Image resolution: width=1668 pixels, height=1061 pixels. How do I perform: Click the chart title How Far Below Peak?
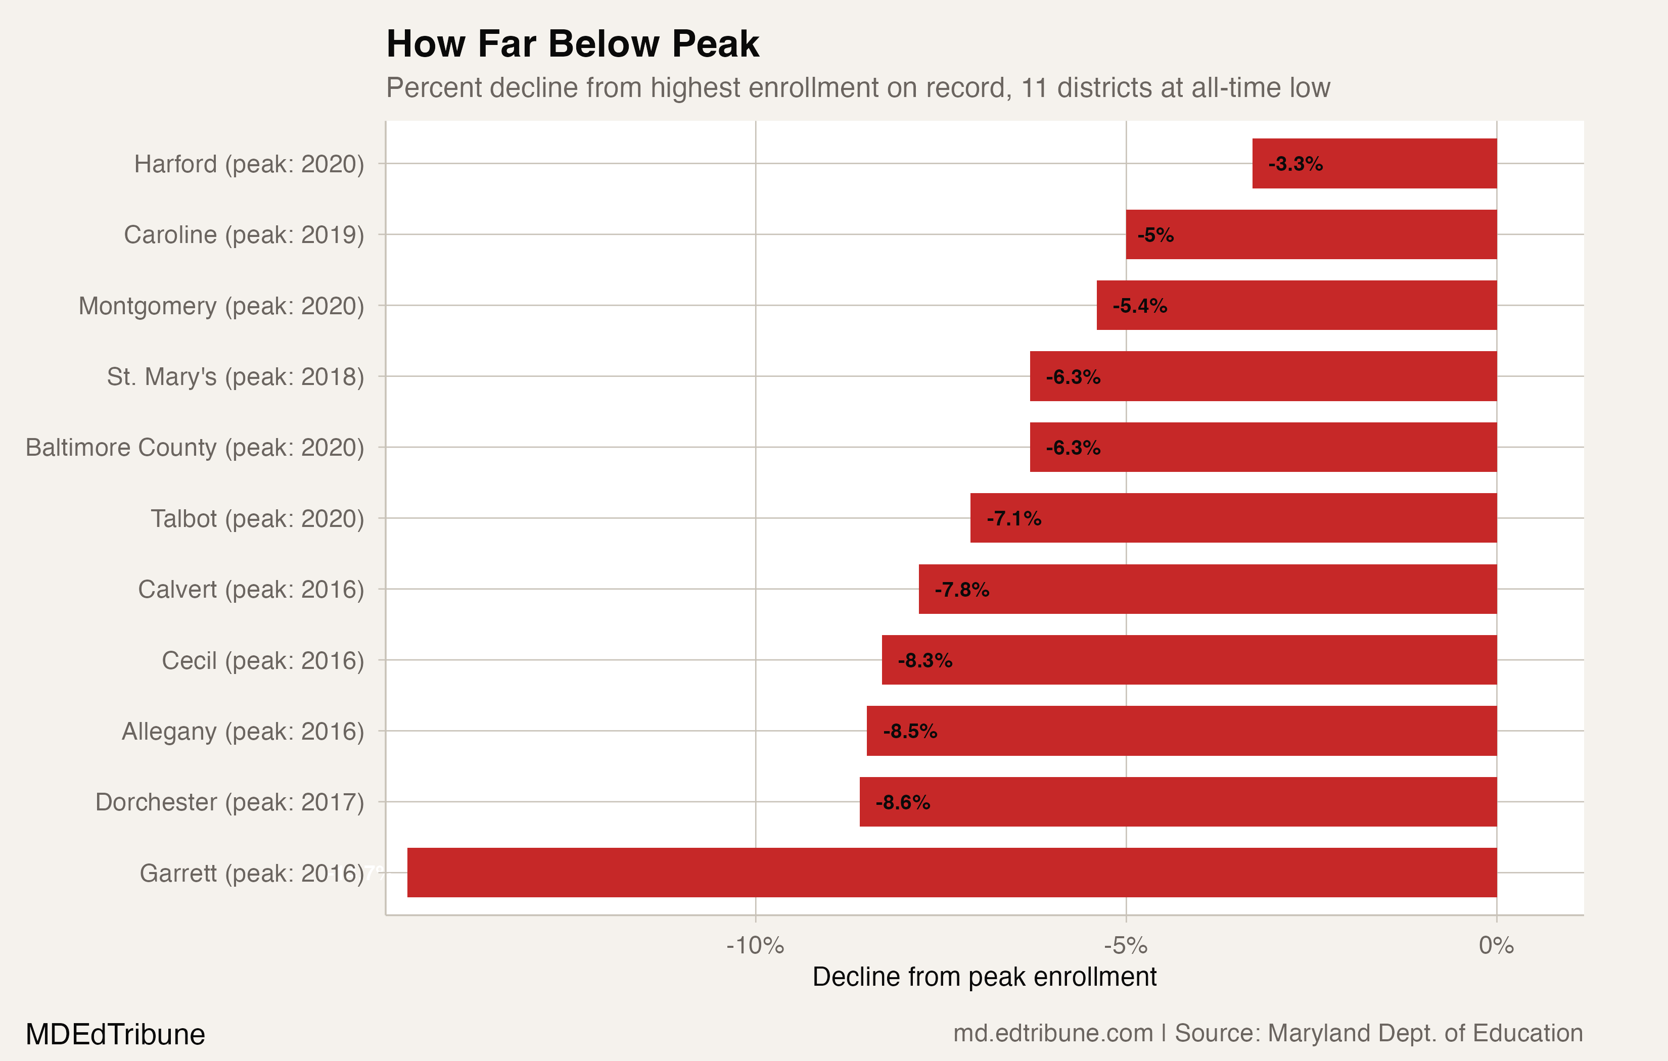coord(572,44)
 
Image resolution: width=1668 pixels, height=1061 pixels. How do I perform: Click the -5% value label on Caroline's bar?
coord(1155,235)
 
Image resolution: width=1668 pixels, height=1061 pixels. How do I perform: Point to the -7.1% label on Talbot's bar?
coord(1013,519)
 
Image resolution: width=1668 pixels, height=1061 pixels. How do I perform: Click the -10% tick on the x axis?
coord(755,945)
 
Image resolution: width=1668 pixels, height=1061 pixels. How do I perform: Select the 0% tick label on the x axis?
coord(1496,945)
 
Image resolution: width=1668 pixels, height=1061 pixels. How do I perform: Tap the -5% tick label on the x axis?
coord(1126,945)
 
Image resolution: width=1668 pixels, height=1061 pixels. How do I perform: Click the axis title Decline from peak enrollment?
coord(984,977)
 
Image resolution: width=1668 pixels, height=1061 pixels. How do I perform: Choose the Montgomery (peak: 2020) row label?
coord(221,306)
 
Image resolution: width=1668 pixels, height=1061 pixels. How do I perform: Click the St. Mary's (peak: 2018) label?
coord(236,377)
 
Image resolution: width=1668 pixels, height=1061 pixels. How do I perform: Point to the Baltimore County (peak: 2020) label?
coord(195,448)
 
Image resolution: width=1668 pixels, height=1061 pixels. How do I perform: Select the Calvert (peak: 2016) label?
coord(251,590)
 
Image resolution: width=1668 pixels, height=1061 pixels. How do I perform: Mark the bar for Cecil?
coord(1189,660)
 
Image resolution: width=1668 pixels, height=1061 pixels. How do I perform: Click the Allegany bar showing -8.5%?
coord(1181,731)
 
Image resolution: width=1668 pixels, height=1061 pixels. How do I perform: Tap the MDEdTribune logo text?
coord(115,1035)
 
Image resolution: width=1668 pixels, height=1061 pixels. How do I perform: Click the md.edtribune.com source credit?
coord(1052,1033)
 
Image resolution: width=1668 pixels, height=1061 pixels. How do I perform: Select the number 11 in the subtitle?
coord(1034,88)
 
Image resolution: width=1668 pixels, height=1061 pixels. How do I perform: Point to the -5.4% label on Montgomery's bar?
coord(1139,306)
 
